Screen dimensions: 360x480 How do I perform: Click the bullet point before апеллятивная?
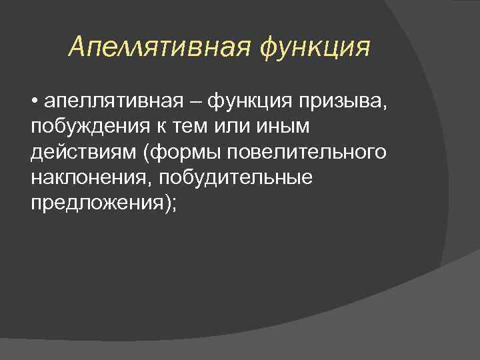35,102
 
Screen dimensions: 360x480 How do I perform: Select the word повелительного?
307,153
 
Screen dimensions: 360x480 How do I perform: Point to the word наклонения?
91,178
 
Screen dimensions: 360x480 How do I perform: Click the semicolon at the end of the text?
175,205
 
